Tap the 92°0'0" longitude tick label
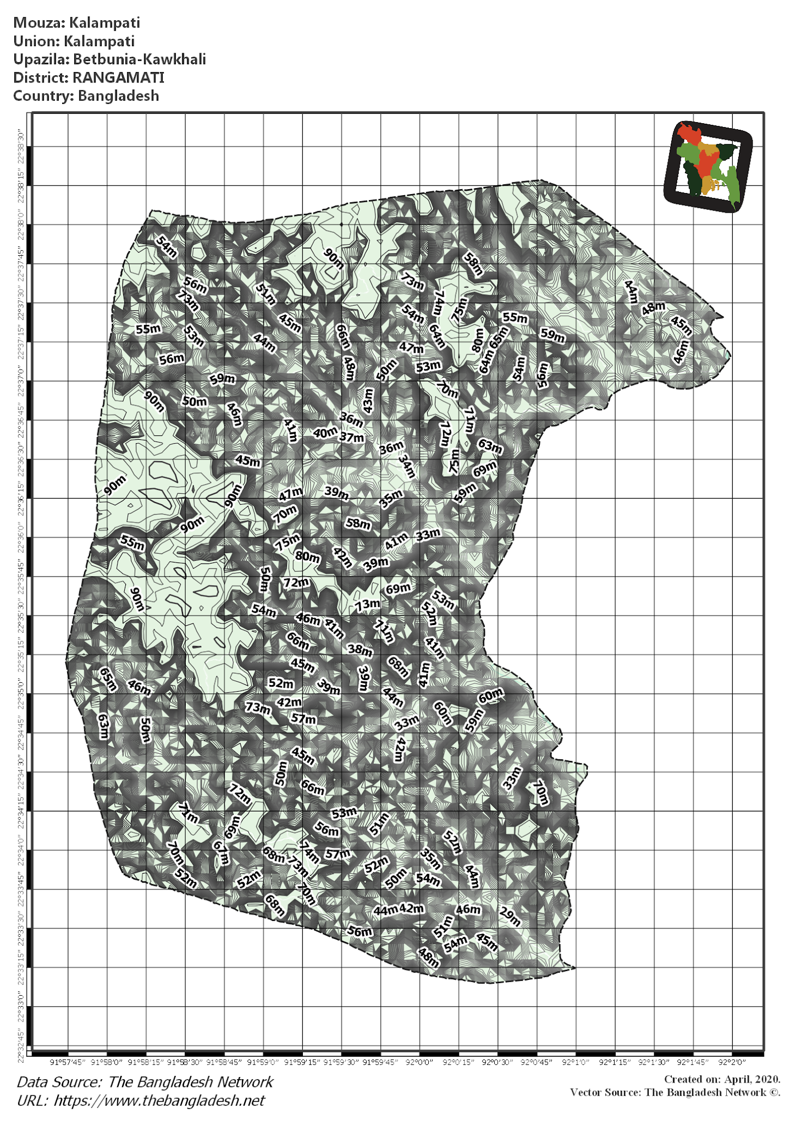pyautogui.click(x=420, y=1062)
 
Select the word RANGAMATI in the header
pyautogui.click(x=118, y=78)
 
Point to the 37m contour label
pyautogui.click(x=352, y=438)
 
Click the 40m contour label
pyautogui.click(x=325, y=433)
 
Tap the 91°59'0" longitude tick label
pyautogui.click(x=263, y=1062)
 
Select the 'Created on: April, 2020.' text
pyautogui.click(x=722, y=1079)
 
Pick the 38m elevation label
pyautogui.click(x=360, y=650)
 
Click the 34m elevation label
pyautogui.click(x=407, y=466)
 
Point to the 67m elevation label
pyautogui.click(x=221, y=853)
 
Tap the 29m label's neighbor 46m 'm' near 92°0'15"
pyautogui.click(x=476, y=909)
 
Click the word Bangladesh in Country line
pyautogui.click(x=118, y=96)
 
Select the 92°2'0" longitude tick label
pyautogui.click(x=732, y=1062)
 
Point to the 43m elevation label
pyautogui.click(x=368, y=401)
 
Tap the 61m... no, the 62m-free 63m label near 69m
pyautogui.click(x=490, y=446)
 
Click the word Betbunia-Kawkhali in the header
pyautogui.click(x=140, y=59)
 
